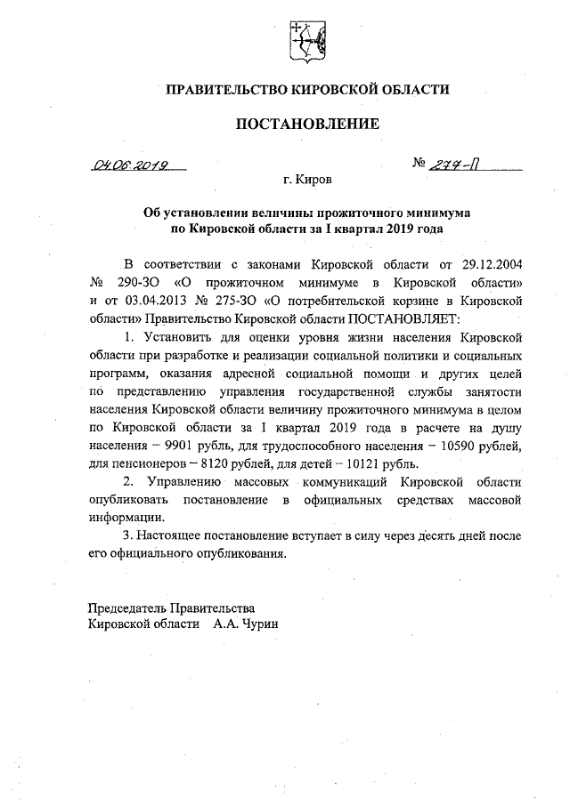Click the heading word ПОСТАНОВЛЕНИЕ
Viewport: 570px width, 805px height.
307,124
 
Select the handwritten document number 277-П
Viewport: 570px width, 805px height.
456,164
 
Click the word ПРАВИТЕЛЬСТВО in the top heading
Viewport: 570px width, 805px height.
225,89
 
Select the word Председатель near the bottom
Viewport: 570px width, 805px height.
127,607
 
